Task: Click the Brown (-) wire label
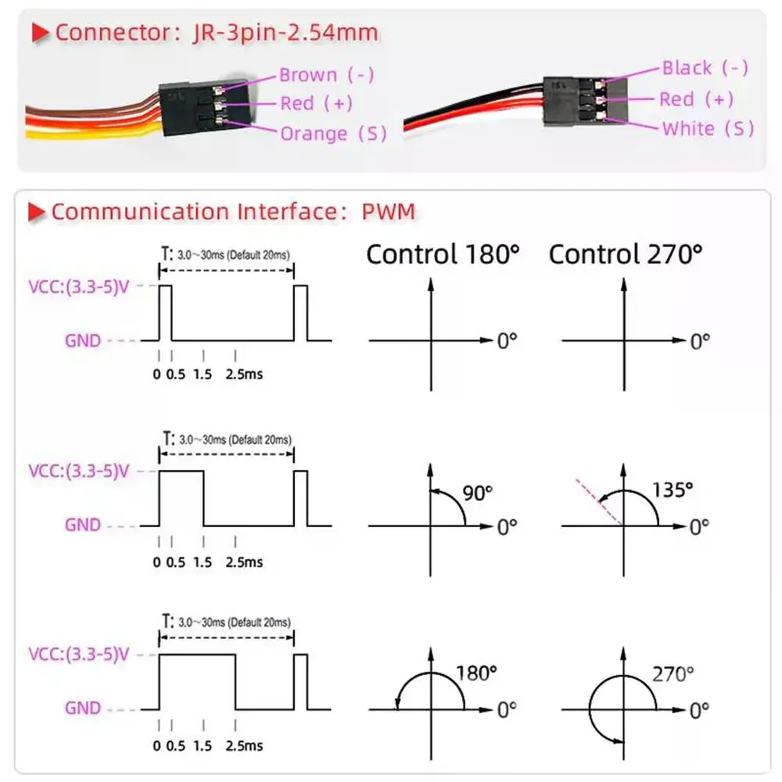click(x=326, y=75)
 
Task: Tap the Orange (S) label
click(x=333, y=134)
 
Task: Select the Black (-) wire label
click(x=705, y=68)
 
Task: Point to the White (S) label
click(x=708, y=128)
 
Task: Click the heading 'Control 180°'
click(x=443, y=253)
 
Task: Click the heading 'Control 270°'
click(x=625, y=253)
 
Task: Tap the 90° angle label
click(x=477, y=493)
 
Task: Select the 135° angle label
click(x=673, y=490)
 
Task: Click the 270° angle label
click(x=673, y=673)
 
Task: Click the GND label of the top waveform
click(x=83, y=341)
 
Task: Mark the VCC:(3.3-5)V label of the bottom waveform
click(x=77, y=655)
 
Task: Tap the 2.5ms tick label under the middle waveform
click(x=244, y=561)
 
